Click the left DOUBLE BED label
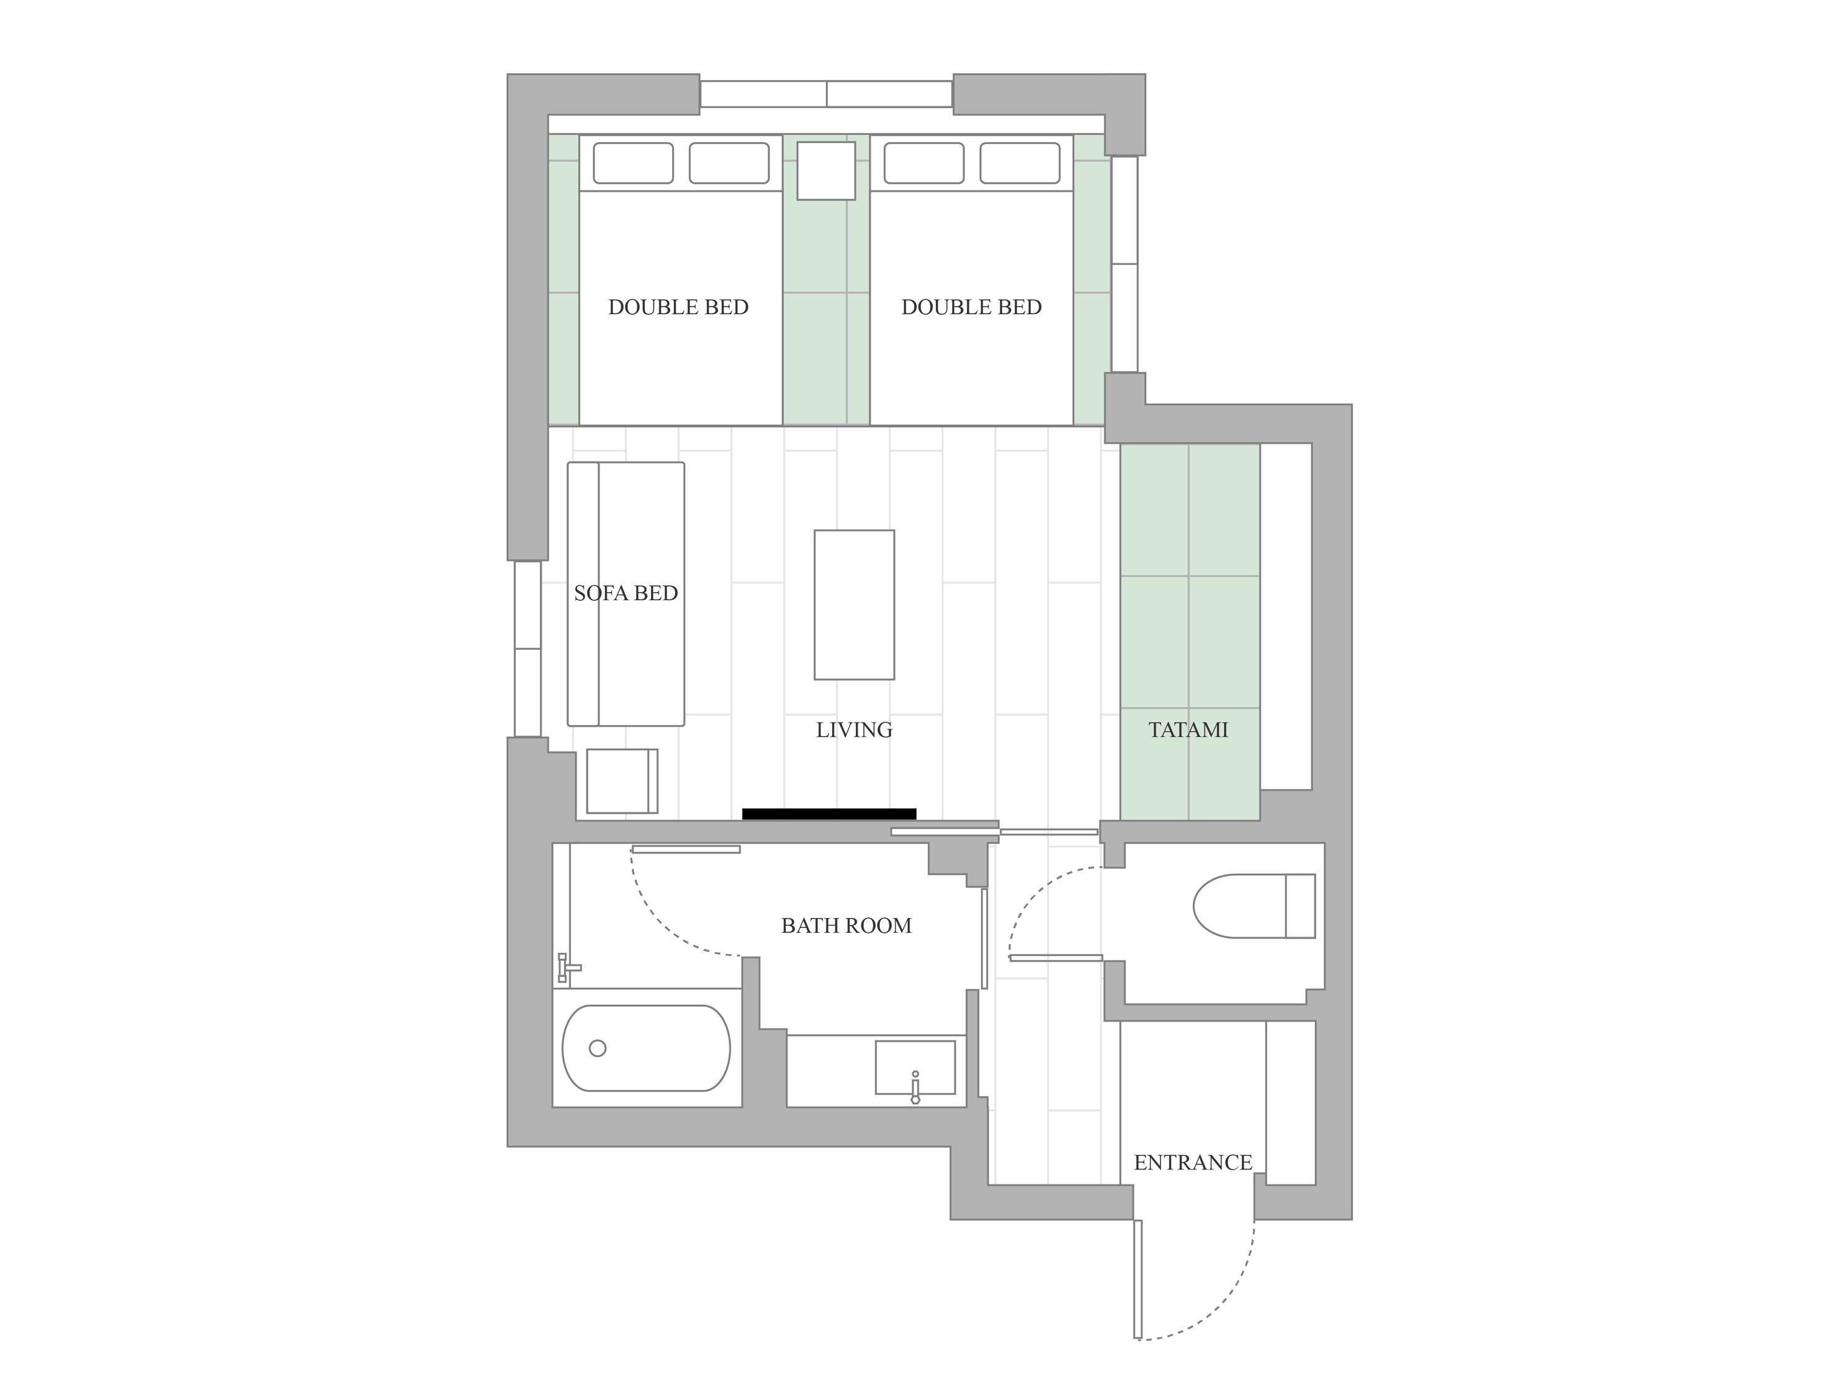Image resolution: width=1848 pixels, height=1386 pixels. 678,307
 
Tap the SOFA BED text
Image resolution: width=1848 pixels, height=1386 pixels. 626,593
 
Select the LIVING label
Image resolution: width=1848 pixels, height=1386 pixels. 854,730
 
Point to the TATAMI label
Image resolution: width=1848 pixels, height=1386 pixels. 1188,730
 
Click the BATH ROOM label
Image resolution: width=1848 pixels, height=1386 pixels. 846,925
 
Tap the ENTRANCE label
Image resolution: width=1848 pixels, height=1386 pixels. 1193,1162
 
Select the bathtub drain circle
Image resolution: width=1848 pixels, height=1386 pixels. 598,1048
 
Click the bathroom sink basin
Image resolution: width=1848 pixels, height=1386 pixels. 915,1067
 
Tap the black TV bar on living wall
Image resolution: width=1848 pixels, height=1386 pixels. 829,814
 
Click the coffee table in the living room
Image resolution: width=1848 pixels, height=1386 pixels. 854,605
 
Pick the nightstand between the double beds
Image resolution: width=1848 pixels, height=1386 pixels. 825,171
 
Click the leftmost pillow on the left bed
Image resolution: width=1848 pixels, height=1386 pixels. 633,163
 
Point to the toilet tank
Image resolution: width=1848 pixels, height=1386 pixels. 1300,906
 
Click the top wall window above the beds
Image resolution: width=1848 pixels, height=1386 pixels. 826,94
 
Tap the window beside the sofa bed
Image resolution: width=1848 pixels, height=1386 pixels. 527,648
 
